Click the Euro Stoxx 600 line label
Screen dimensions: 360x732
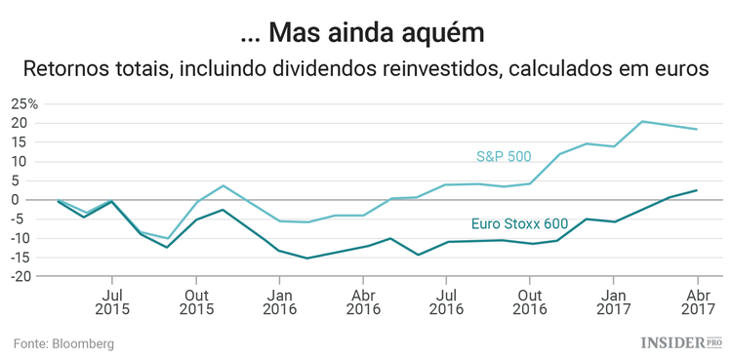point(519,222)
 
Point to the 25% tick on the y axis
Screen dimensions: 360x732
point(24,104)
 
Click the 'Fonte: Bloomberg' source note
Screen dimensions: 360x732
point(63,343)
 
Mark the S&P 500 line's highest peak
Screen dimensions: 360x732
point(642,121)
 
